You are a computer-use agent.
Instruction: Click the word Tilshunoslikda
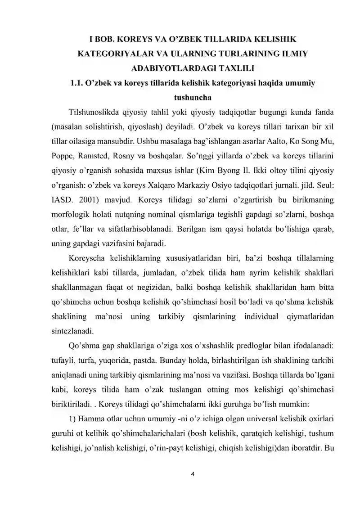tap(92, 112)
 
